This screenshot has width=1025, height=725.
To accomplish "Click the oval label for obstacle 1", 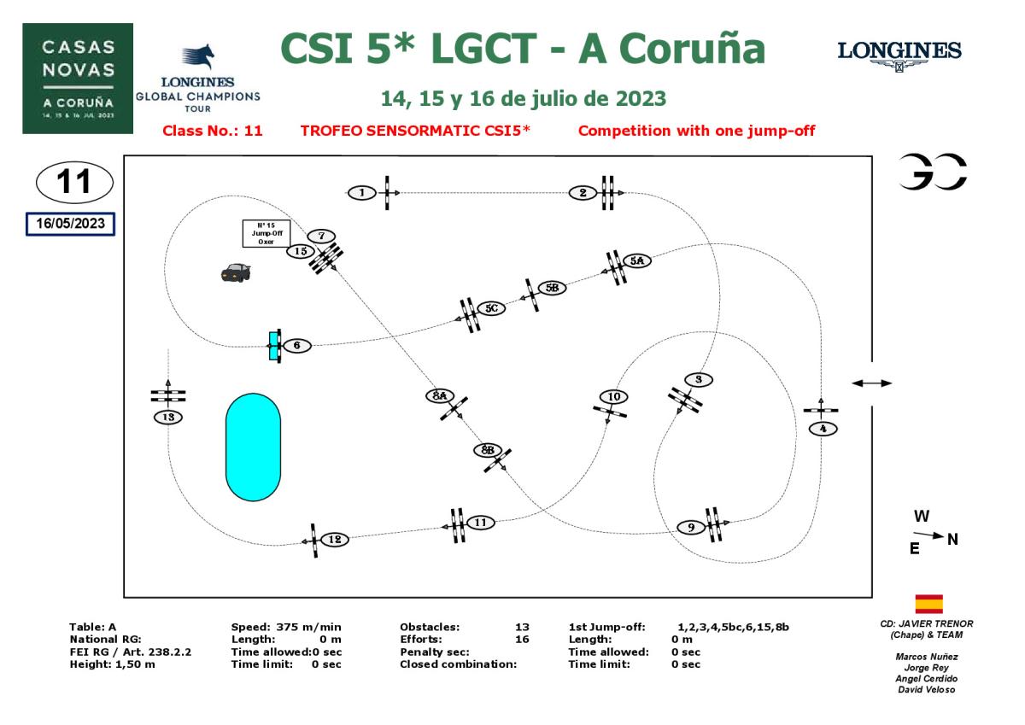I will click(x=362, y=193).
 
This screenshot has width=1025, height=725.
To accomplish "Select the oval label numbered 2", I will click(x=583, y=193).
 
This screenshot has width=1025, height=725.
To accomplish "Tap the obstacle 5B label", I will click(x=553, y=288).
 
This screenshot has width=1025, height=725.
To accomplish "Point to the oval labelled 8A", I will click(x=440, y=395).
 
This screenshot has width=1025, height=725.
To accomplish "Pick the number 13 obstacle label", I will click(x=169, y=417).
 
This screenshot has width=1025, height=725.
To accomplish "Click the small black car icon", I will click(x=235, y=272).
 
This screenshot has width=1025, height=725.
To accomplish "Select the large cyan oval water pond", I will click(x=253, y=447).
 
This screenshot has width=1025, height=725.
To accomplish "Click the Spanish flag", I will click(x=928, y=604).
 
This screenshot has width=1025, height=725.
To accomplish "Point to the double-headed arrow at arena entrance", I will click(x=871, y=383).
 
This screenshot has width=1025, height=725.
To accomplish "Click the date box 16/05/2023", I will click(x=70, y=223).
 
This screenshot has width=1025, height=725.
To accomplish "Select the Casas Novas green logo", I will click(x=78, y=79).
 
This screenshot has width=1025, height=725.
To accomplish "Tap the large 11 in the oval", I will click(x=73, y=181).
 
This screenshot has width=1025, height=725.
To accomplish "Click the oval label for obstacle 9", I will click(x=690, y=527).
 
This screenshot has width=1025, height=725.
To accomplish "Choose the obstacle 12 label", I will click(x=335, y=539).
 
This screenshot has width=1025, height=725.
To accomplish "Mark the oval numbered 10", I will click(x=612, y=396).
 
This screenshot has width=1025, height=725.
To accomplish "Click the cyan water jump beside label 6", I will click(x=274, y=346).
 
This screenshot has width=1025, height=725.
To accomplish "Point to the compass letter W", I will click(x=922, y=516).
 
